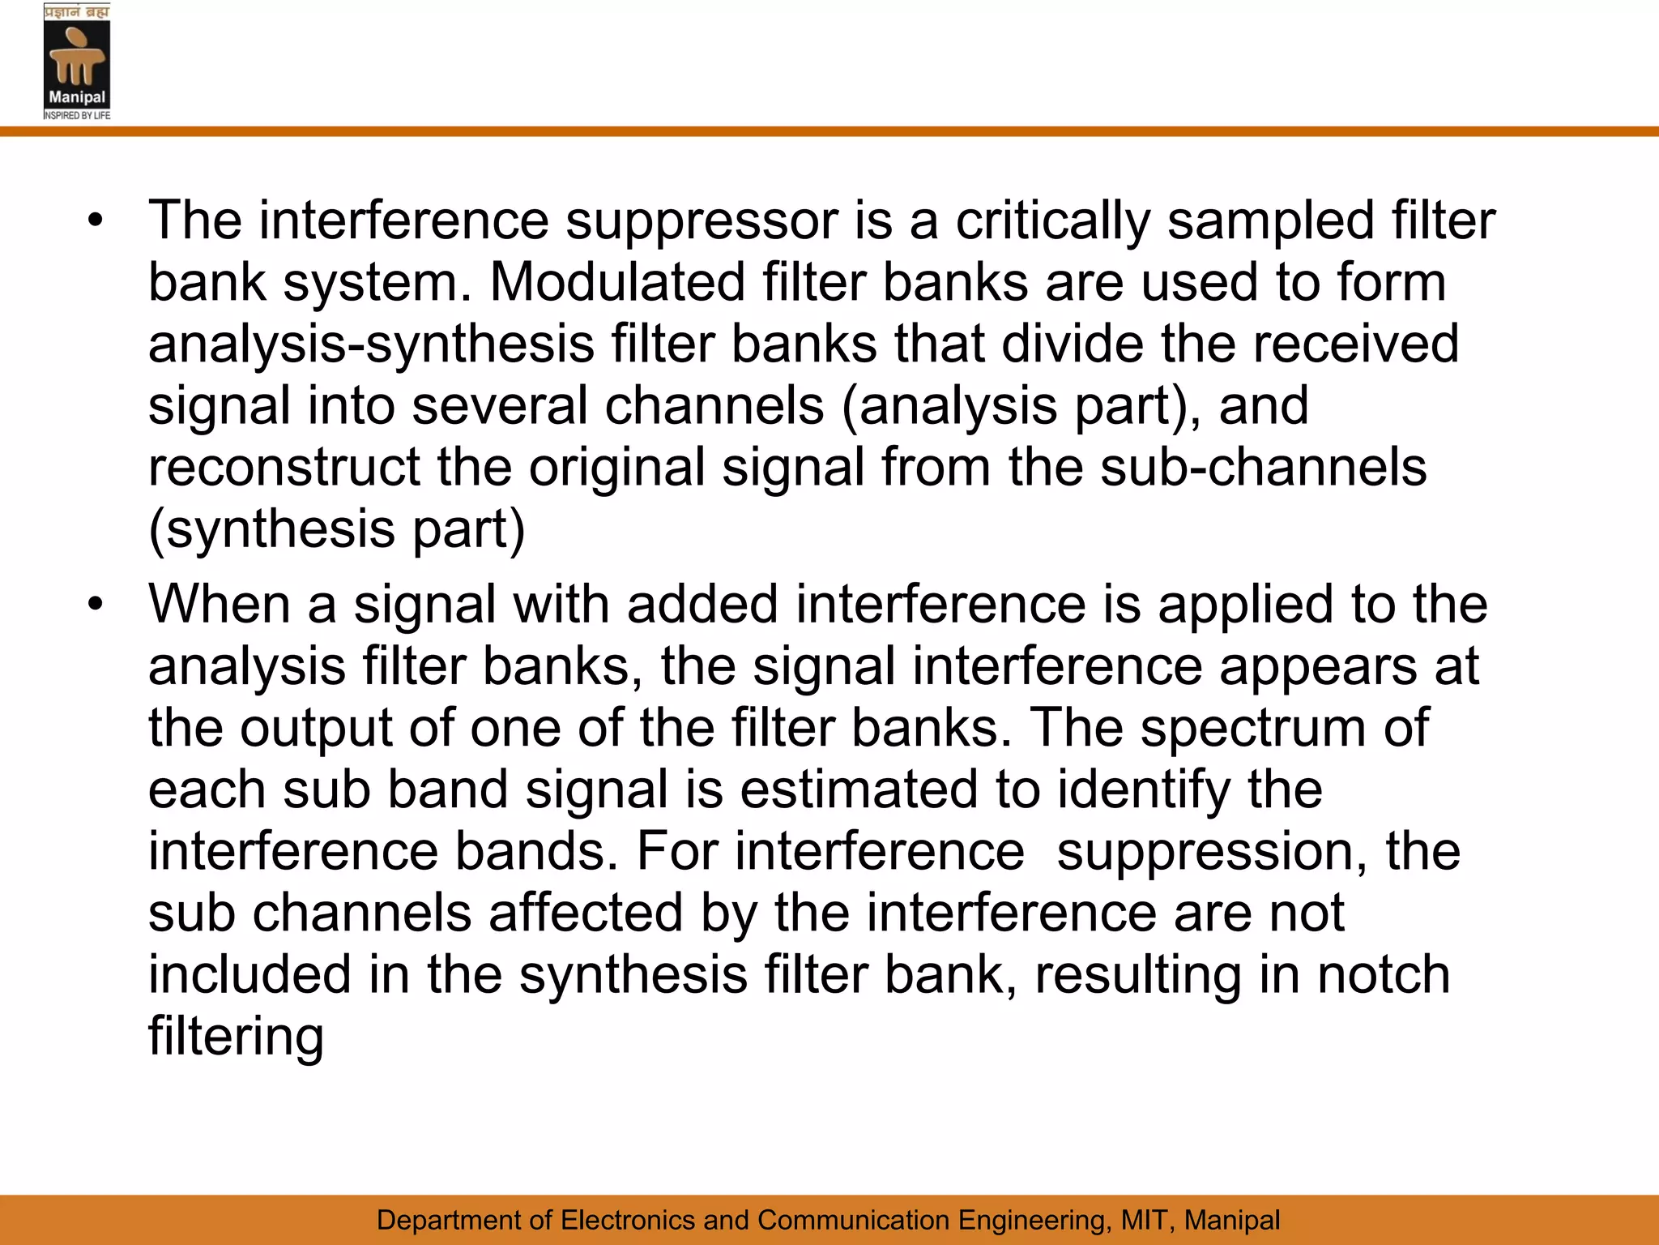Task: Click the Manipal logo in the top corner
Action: pyautogui.click(x=77, y=62)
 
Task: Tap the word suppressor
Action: pyautogui.click(x=701, y=220)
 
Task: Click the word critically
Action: pyautogui.click(x=1052, y=220)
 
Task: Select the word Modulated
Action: pyautogui.click(x=617, y=282)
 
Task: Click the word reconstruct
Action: pyautogui.click(x=284, y=467)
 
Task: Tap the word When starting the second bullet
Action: pyautogui.click(x=220, y=605)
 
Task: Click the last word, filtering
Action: pyautogui.click(x=236, y=1036)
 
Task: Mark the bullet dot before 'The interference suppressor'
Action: pyautogui.click(x=96, y=220)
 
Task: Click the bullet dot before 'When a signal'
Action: pyautogui.click(x=96, y=605)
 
